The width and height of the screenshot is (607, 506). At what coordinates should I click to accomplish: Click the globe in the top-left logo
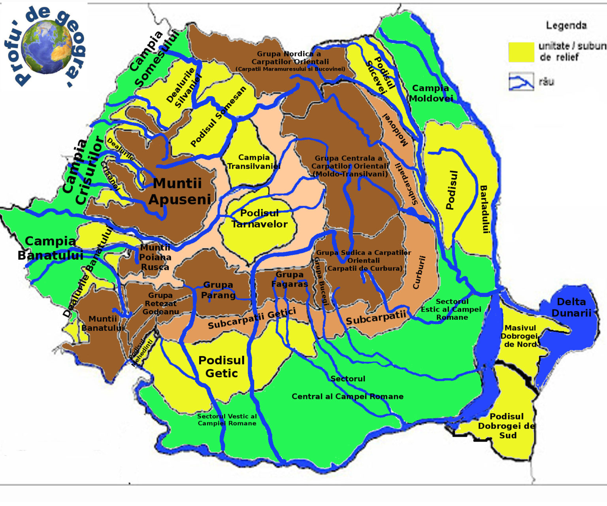pos(47,47)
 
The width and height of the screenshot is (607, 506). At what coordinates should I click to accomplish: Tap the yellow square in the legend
pos(521,52)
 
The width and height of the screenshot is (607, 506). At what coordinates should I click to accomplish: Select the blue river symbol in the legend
pos(521,82)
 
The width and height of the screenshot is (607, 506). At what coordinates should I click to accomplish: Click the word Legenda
pos(566,26)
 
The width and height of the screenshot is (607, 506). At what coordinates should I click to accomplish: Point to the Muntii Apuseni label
pos(179,191)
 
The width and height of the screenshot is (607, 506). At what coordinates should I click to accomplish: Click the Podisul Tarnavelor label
pos(260,219)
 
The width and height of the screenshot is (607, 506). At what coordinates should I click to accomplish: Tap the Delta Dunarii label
pos(571,307)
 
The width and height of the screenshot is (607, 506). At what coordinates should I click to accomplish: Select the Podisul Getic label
pos(221,367)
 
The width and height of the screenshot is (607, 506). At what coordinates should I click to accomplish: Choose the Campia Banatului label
pos(50,248)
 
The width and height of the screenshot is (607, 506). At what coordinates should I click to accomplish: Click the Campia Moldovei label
pos(431,93)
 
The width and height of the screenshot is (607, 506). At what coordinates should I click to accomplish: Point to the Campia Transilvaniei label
pos(254,162)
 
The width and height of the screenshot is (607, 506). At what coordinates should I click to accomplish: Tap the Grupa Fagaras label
pos(289,279)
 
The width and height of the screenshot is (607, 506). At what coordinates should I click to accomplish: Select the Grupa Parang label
pos(218,290)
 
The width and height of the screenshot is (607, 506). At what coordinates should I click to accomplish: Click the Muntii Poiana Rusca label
pos(155,257)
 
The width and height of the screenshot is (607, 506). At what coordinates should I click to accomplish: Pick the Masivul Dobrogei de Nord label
pos(520,336)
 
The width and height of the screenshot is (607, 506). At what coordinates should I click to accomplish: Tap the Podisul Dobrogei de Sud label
pos(507,426)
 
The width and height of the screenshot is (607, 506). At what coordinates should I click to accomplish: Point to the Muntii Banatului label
pos(103,323)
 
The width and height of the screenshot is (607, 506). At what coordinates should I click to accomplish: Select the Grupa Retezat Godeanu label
pos(160,304)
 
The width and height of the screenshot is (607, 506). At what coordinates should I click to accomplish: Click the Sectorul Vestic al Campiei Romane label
pos(227,419)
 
